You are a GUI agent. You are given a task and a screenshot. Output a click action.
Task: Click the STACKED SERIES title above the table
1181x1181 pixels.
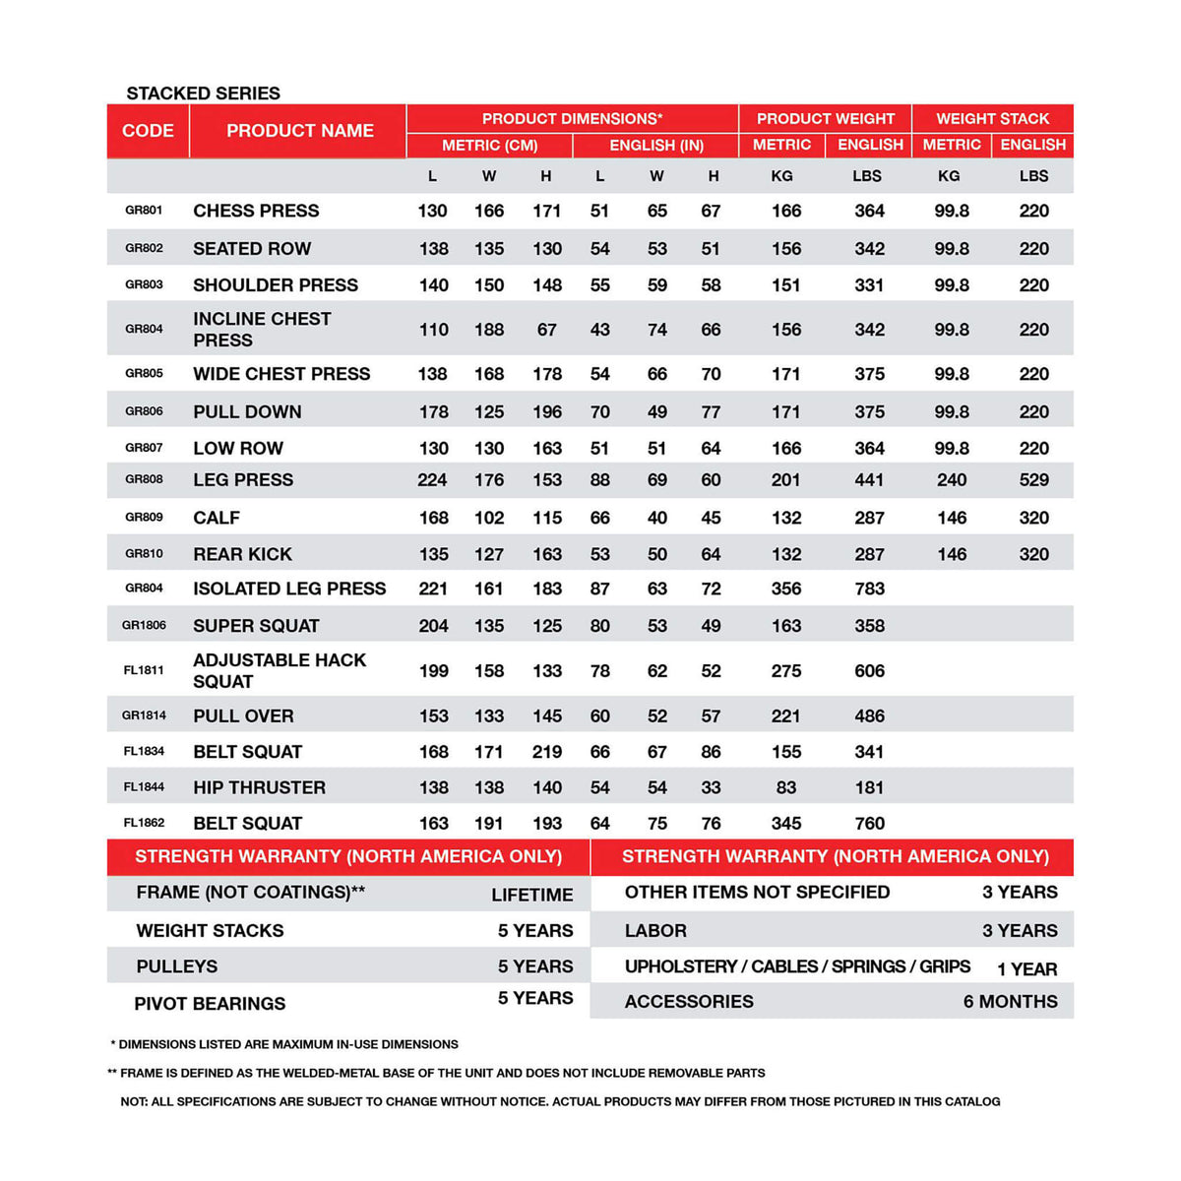click(x=203, y=93)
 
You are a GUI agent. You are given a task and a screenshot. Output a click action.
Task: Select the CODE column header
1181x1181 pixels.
click(x=148, y=131)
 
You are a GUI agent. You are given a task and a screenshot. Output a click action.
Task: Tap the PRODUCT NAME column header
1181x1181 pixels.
click(x=299, y=131)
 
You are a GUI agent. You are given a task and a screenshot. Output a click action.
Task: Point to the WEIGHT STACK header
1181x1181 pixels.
click(x=992, y=119)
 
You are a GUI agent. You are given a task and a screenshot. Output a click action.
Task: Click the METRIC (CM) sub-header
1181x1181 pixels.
click(x=489, y=146)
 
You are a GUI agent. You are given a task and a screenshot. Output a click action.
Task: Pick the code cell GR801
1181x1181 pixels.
click(x=144, y=211)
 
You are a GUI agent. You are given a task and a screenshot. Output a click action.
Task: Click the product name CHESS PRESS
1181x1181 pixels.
click(x=256, y=211)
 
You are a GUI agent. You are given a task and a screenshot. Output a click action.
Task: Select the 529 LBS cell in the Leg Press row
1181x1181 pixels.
click(x=1033, y=480)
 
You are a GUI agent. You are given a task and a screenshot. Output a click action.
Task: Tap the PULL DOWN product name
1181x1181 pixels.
click(x=247, y=412)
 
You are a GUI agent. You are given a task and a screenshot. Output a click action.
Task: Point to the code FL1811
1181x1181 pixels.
click(x=144, y=670)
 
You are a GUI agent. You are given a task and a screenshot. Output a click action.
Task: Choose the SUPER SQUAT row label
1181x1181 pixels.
click(x=256, y=626)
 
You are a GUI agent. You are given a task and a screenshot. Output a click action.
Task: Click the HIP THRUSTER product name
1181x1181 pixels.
click(x=259, y=788)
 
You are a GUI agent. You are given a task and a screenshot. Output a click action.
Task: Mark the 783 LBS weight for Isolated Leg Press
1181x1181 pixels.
click(x=869, y=589)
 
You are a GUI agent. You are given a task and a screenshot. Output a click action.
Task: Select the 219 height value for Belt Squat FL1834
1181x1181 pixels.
click(x=546, y=752)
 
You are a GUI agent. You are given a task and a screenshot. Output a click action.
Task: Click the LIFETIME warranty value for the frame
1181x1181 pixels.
click(x=531, y=895)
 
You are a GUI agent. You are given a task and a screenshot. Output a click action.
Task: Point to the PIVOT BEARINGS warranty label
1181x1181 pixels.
click(x=210, y=1004)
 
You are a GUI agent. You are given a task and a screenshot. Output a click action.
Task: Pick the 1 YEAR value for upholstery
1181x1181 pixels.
click(x=1026, y=969)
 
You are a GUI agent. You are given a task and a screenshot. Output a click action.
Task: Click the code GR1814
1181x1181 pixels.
click(x=144, y=715)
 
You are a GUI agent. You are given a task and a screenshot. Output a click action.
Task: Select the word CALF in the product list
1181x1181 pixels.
click(x=217, y=518)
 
